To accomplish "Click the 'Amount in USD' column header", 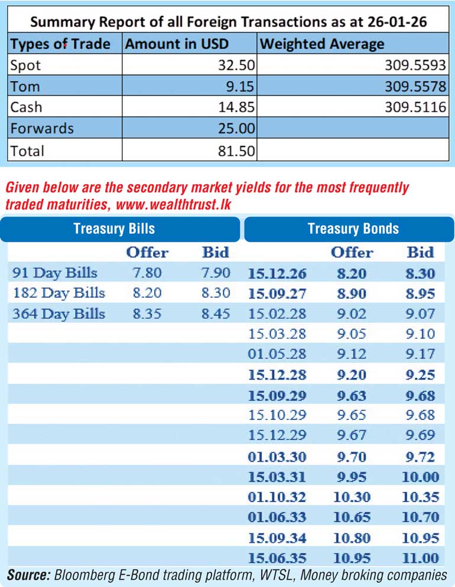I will click(x=177, y=44).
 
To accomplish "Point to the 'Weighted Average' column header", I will click(x=322, y=44).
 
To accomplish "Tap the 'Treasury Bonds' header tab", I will click(x=353, y=229).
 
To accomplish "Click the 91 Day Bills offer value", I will click(x=147, y=273).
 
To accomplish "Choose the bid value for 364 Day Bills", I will click(x=215, y=314).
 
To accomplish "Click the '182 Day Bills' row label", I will click(x=58, y=293).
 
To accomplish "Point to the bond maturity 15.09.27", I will click(x=277, y=293).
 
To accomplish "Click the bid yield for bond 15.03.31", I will click(x=420, y=477).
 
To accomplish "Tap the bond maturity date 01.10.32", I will click(x=277, y=497).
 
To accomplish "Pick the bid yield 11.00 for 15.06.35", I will click(x=420, y=558).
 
